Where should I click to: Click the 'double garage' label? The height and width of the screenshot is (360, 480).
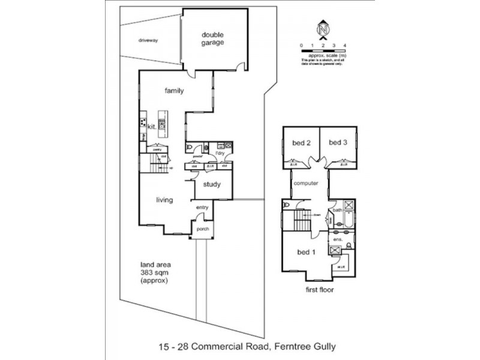[x=213, y=38]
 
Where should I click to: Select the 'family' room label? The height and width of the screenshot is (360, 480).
[x=175, y=91]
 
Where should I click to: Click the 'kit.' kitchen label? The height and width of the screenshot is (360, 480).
[x=151, y=127]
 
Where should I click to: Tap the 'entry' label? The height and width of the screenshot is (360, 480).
[x=201, y=208]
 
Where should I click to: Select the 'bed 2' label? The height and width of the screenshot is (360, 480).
[x=301, y=142]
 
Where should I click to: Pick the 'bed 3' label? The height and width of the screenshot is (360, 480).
[x=338, y=142]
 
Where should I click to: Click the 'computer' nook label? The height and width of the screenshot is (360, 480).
[x=306, y=184]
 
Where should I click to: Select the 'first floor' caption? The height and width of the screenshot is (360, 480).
[x=319, y=289]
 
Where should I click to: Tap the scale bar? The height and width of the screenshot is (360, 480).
[x=323, y=46]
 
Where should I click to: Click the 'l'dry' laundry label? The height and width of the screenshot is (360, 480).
[x=220, y=153]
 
